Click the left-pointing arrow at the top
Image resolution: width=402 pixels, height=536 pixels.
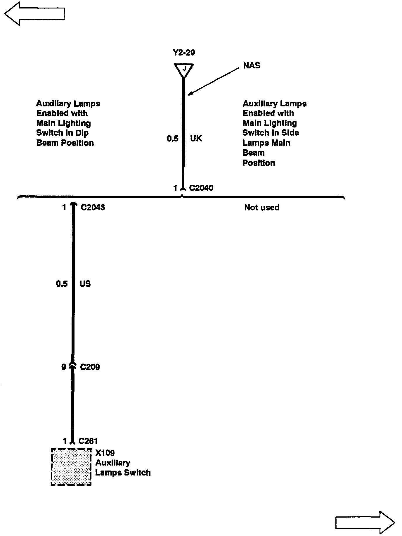click(x=34, y=13)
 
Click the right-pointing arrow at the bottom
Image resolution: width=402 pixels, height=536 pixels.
click(x=365, y=522)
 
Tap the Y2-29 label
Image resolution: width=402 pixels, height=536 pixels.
click(x=184, y=53)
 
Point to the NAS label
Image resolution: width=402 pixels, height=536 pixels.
click(x=252, y=65)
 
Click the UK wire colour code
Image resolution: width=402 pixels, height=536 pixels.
click(x=196, y=138)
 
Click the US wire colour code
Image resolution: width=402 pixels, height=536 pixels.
click(x=85, y=284)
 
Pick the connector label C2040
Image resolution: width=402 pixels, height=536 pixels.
click(x=201, y=188)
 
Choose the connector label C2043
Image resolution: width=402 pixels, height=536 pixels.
click(x=93, y=208)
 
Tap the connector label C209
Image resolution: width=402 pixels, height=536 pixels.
click(x=90, y=367)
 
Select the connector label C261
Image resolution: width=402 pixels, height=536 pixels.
click(x=88, y=441)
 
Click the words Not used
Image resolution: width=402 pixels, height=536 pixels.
click(x=262, y=208)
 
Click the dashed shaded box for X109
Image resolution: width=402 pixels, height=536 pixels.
click(x=71, y=467)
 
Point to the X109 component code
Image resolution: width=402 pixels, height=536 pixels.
click(x=105, y=453)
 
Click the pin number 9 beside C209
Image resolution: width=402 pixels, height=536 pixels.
click(x=64, y=367)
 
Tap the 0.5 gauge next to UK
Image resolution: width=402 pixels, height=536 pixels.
click(x=173, y=138)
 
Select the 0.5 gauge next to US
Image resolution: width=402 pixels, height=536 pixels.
click(x=62, y=284)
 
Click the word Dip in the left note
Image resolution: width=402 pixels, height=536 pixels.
click(x=83, y=133)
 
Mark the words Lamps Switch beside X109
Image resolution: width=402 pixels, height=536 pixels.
click(x=123, y=473)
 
